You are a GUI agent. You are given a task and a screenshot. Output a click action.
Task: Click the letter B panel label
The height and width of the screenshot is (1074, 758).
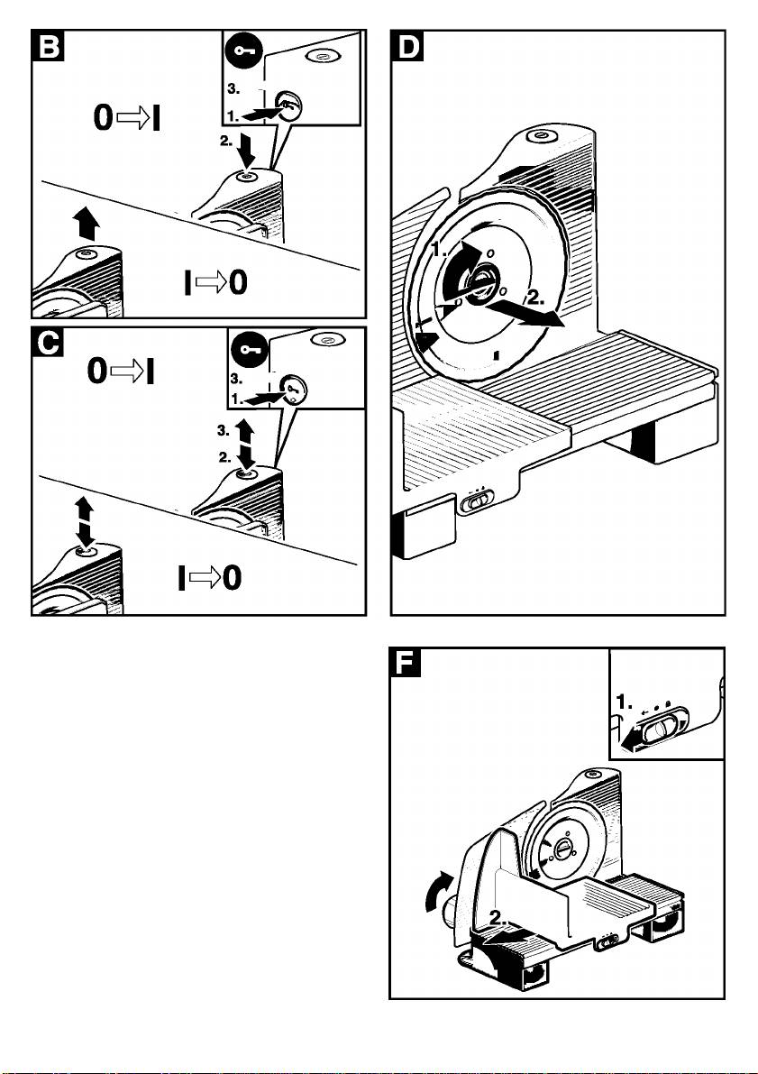click(47, 47)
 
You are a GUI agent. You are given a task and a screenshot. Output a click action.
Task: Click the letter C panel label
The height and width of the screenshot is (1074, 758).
click(47, 344)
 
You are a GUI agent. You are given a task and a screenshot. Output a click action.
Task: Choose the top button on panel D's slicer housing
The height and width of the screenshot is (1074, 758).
click(540, 137)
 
